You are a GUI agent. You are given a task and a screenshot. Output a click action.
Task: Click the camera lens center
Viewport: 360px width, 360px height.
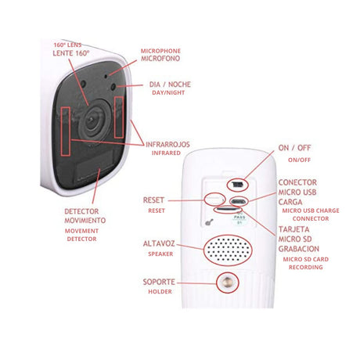[x=92, y=120]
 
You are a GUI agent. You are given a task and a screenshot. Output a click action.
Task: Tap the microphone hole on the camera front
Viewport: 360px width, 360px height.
[x=106, y=77]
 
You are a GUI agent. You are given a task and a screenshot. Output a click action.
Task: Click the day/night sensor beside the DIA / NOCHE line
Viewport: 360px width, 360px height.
[x=113, y=87]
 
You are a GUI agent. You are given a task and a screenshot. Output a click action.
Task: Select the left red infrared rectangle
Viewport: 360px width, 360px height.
[x=65, y=131]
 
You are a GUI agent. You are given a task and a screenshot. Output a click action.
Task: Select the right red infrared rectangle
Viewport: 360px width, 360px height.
[x=119, y=117]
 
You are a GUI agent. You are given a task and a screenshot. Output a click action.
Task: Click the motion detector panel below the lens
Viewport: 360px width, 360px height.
[x=95, y=167]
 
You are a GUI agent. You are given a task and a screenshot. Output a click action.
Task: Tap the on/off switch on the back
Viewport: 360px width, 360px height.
[x=237, y=185]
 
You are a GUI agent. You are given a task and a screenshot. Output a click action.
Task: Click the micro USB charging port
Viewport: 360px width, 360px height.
[x=238, y=201]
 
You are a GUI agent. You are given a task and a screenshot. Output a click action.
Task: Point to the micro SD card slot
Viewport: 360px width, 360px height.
[x=228, y=209]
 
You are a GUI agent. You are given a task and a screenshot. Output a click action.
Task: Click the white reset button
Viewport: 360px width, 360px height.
[x=214, y=200]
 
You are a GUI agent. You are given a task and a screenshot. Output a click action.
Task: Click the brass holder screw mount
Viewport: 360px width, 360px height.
[x=228, y=283]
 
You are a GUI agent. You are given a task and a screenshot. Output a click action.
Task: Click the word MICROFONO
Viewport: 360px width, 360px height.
[x=160, y=58]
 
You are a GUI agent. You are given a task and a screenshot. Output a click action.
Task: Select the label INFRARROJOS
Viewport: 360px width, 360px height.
[x=167, y=145]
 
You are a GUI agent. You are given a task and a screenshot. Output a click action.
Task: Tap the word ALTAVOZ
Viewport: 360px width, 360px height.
[x=159, y=244]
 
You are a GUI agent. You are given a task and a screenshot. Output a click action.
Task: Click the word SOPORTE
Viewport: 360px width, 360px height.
[x=159, y=282]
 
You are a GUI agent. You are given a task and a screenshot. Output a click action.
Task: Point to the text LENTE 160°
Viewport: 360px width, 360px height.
[x=71, y=53]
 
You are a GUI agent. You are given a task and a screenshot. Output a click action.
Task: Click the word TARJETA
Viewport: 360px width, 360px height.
[x=293, y=229]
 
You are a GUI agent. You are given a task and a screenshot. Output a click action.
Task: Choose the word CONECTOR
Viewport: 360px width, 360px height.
[x=297, y=182]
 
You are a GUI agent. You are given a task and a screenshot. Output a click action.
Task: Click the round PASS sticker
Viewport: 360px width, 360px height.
[x=239, y=218]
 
